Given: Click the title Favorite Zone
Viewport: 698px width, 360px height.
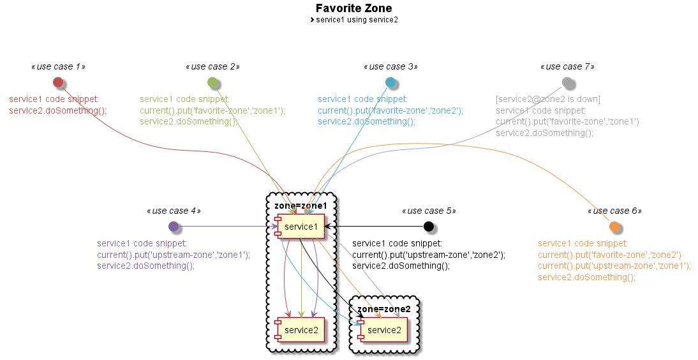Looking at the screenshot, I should (x=353, y=8).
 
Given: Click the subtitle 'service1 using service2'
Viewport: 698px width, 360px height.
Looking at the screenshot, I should (x=357, y=20).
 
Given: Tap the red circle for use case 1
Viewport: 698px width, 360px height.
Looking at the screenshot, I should (x=58, y=82).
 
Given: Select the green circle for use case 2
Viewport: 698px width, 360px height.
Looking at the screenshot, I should (x=213, y=82).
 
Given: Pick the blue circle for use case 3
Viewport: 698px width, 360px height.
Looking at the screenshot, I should (x=390, y=82).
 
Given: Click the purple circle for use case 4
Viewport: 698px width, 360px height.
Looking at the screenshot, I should (x=174, y=227).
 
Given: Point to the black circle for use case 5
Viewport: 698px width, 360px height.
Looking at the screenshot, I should (x=429, y=227).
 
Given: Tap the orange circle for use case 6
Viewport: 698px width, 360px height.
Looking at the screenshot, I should (x=614, y=227).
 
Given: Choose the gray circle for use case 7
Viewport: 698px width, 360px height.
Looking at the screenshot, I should (x=567, y=82).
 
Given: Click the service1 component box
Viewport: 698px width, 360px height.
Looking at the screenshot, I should (x=300, y=227).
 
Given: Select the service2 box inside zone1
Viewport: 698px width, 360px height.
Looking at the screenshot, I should (x=300, y=330).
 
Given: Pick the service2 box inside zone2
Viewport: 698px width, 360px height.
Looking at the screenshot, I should (x=383, y=330).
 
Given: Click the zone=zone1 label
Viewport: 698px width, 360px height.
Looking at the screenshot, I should (x=301, y=206).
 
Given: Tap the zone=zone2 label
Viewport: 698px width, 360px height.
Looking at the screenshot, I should (x=383, y=309).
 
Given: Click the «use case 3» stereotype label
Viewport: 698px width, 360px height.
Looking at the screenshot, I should (x=390, y=66).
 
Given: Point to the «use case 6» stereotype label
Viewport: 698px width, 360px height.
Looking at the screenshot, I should (x=614, y=211).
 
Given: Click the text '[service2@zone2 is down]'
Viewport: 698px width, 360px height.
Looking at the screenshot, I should (x=548, y=99).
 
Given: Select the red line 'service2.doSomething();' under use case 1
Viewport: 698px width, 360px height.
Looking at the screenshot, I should (x=58, y=110).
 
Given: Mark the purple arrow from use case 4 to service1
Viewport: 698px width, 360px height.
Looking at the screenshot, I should (x=223, y=227).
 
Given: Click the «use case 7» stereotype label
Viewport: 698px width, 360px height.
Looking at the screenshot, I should (x=567, y=66).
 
